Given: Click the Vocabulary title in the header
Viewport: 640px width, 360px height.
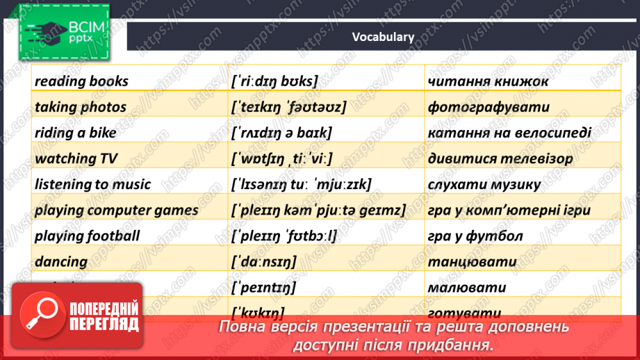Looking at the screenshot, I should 382,38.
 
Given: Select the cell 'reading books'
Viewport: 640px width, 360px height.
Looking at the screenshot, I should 81,81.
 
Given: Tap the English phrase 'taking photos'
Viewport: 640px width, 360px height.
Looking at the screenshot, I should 81,107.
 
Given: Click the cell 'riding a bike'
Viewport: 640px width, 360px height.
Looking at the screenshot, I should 76,133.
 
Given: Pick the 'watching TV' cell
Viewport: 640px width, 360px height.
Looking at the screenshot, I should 76,158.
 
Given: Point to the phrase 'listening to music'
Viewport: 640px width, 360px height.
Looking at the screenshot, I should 92,184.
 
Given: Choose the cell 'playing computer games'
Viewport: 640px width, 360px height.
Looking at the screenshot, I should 116,210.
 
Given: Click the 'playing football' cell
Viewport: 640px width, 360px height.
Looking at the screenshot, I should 87,236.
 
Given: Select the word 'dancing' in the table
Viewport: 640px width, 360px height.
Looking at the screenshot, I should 61,262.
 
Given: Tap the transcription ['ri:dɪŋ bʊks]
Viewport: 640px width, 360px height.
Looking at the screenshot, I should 274,81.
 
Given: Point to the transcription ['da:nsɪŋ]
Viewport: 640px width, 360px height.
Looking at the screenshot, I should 263,262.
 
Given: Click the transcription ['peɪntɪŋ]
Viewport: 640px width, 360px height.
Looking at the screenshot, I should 263,287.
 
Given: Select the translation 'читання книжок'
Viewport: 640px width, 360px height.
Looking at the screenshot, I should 489,81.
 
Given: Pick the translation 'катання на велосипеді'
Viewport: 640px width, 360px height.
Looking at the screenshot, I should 511,133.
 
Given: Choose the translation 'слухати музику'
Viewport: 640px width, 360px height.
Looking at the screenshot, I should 484,184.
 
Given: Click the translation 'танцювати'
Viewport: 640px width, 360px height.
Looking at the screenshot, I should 473,262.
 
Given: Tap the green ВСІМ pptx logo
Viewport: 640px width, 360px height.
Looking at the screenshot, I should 64,31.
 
